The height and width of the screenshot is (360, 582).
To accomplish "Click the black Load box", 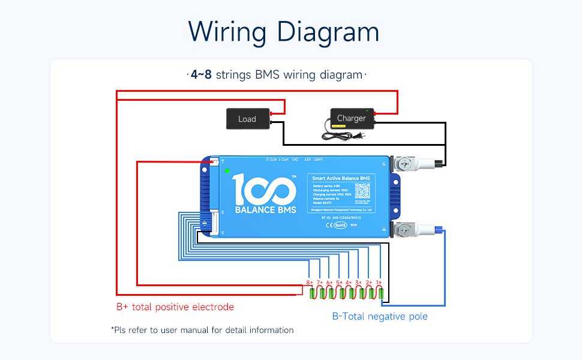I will click(x=247, y=119).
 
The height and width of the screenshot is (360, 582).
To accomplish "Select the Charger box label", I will click(x=352, y=118).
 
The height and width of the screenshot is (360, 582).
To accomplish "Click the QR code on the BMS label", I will click(x=364, y=191).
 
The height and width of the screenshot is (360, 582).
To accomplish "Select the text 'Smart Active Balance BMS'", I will click(x=341, y=178).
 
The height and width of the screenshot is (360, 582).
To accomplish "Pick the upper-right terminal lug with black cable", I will click(x=408, y=163).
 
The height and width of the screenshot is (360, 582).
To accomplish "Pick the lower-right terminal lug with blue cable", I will click(x=408, y=229).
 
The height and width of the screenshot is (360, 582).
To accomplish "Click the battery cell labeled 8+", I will click(x=312, y=293).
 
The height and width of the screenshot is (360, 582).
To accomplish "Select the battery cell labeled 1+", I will click(x=379, y=293).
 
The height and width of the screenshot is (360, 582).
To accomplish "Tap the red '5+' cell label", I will click(x=339, y=282).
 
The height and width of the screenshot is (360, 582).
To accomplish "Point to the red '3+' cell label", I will click(x=359, y=282).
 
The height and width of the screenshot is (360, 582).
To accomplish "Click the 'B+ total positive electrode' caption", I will click(x=175, y=307).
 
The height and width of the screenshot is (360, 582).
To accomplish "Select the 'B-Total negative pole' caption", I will click(x=380, y=316).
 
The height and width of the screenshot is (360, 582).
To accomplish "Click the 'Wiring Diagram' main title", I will click(x=284, y=31).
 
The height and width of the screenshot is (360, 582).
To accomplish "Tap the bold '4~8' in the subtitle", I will click(x=200, y=75).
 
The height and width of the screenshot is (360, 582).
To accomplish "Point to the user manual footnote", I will click(x=202, y=330).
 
